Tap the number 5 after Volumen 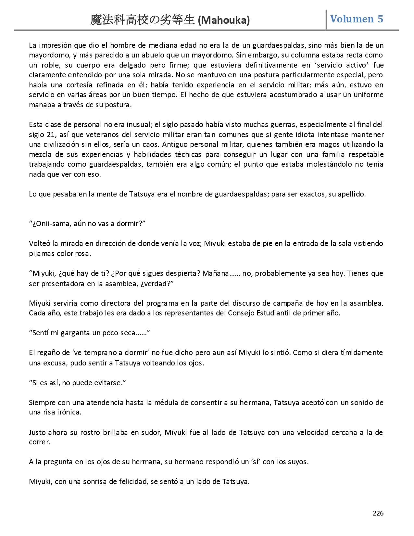coord(380,19)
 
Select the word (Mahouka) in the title coord(224,20)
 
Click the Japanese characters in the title coord(143,20)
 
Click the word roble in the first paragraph coord(47,65)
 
